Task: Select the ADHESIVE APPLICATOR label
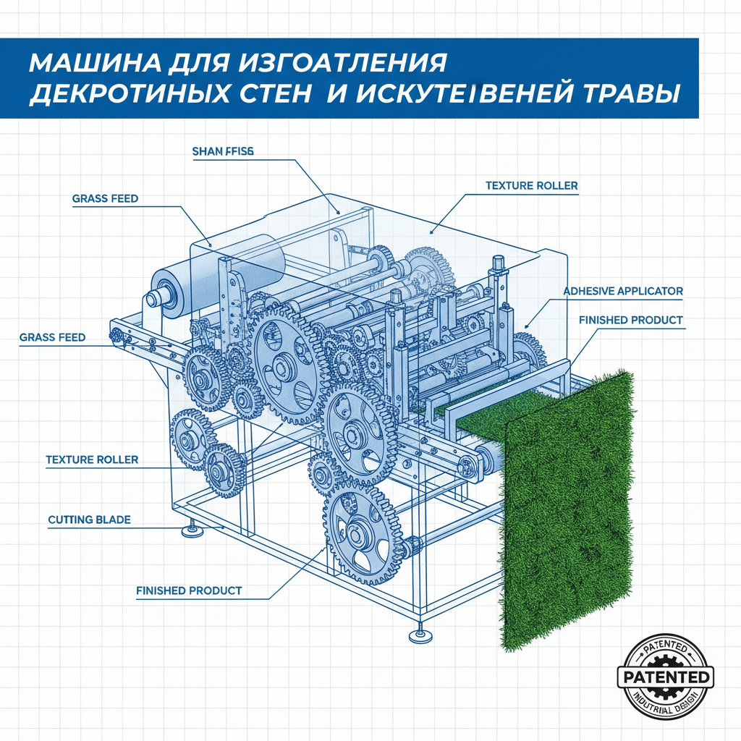(622, 291)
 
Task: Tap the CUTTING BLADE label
(89, 520)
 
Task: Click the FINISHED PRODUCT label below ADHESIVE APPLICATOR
(630, 320)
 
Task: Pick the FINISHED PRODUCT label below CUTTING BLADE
(189, 590)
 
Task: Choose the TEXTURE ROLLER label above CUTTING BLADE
(92, 460)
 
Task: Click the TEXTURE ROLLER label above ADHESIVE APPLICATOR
(531, 186)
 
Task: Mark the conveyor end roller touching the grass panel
(486, 459)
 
